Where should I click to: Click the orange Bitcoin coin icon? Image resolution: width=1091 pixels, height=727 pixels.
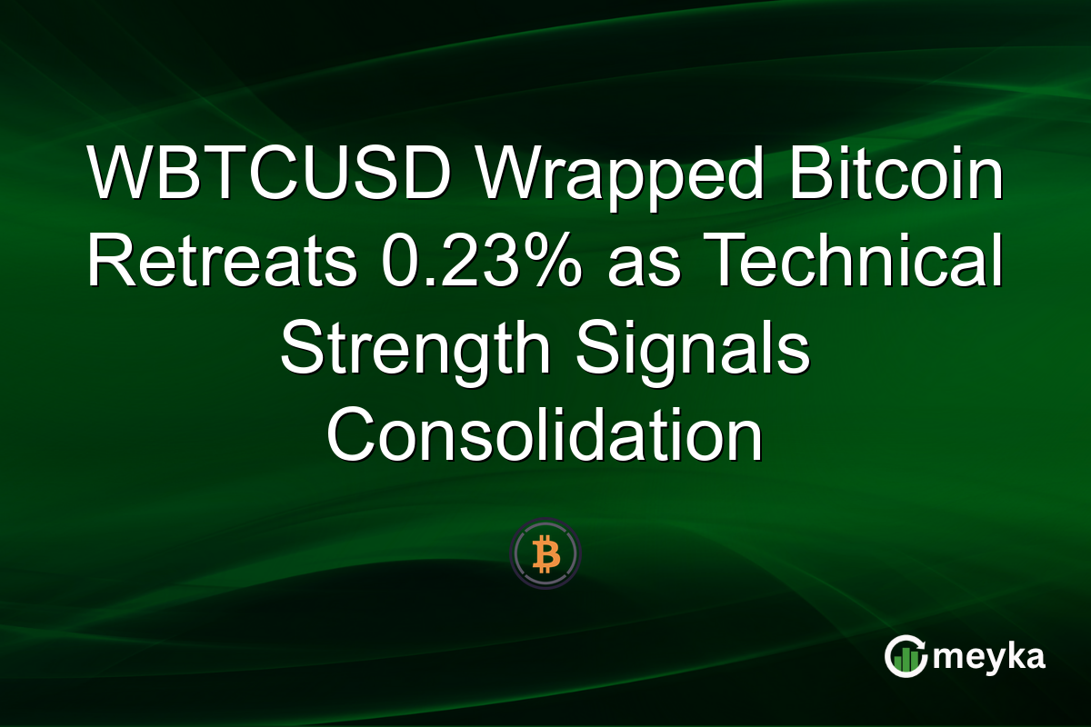tap(545, 553)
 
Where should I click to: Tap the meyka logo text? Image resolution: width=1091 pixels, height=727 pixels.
tap(990, 656)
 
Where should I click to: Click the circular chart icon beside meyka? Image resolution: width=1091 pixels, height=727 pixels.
tap(906, 657)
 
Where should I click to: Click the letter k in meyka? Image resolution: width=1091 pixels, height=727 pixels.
tap(1014, 655)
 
